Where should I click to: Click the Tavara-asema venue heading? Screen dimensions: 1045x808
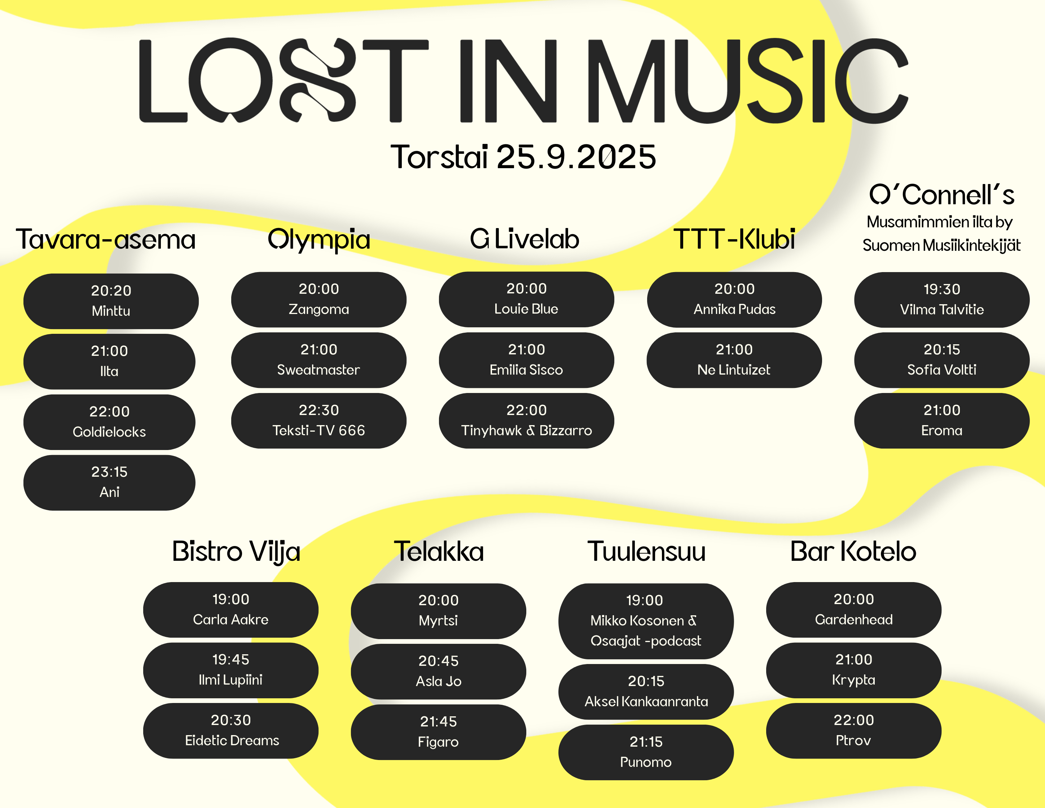[x=106, y=239]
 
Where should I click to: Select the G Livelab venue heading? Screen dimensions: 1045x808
[x=524, y=239]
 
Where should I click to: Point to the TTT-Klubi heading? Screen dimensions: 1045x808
[x=734, y=239]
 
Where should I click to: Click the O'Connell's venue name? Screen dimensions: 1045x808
[x=941, y=195]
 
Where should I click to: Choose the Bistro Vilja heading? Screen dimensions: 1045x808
[x=236, y=552]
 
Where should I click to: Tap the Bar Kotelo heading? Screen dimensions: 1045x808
[x=853, y=551]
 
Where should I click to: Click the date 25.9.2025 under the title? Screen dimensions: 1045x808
[x=576, y=157]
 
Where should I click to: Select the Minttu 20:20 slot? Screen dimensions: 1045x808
[x=111, y=301]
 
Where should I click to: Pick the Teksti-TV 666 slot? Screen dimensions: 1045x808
[x=319, y=421]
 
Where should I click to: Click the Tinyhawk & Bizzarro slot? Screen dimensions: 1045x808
[x=526, y=421]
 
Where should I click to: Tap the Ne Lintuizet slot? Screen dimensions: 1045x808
[x=734, y=360]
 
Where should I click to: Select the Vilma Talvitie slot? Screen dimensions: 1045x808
[x=941, y=300]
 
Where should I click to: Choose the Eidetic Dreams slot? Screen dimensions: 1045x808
[x=230, y=730]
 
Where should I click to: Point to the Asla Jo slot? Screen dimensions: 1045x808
[x=438, y=671]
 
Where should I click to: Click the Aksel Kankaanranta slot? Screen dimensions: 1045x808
[x=646, y=692]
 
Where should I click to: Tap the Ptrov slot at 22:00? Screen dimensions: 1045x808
[x=853, y=730]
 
